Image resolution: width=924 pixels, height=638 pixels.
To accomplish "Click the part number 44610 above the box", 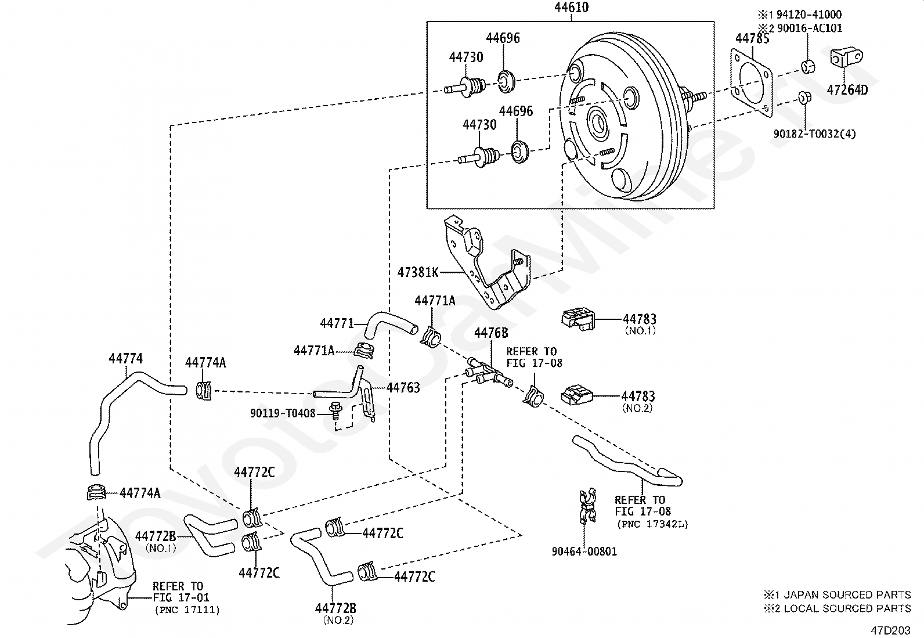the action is (x=571, y=8).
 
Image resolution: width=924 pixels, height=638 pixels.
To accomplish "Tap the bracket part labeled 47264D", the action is (x=846, y=58).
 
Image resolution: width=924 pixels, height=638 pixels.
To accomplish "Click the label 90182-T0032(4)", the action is (x=814, y=134).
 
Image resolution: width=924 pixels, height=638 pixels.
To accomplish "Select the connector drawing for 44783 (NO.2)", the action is (x=577, y=395).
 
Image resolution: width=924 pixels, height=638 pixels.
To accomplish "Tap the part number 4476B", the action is (x=491, y=333).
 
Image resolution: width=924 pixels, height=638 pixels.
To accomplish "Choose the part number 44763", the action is (x=403, y=388).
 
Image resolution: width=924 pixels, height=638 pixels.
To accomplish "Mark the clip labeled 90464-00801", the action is (x=586, y=506).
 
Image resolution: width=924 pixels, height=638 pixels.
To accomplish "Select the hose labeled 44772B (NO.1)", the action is (x=210, y=535).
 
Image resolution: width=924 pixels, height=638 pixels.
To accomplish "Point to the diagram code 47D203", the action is (x=890, y=630).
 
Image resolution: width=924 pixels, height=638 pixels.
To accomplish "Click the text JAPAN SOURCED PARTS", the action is (x=847, y=594).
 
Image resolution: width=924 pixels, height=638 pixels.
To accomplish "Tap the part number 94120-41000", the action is (x=809, y=15).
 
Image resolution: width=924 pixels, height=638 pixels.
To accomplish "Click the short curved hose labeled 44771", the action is (x=390, y=326).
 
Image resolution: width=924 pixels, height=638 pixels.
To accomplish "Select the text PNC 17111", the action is (x=187, y=610).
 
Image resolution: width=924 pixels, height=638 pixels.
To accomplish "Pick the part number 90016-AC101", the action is (x=809, y=28).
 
